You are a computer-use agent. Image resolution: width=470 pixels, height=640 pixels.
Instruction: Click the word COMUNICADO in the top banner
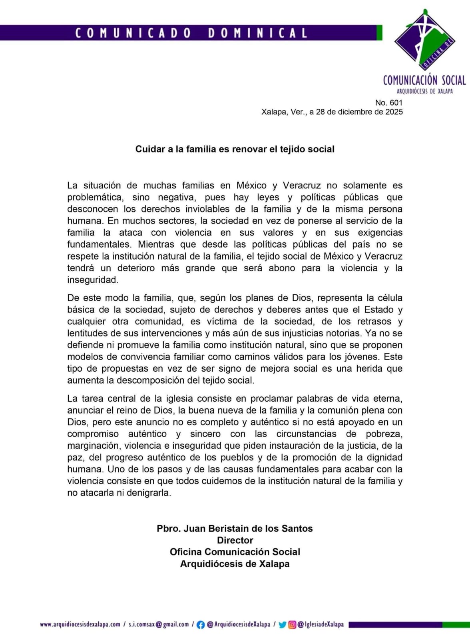tap(133, 33)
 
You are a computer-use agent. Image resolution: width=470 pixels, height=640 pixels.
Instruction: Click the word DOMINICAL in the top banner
tap(258, 33)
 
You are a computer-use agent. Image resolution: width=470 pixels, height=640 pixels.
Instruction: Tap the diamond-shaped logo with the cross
tap(424, 40)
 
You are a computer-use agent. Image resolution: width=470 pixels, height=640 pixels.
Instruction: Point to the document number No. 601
tap(388, 103)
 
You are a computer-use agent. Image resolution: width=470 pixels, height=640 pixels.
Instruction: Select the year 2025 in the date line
tap(394, 112)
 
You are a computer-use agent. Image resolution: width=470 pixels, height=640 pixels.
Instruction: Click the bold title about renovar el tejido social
tap(235, 149)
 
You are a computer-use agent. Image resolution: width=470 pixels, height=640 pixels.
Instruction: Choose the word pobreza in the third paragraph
tap(384, 434)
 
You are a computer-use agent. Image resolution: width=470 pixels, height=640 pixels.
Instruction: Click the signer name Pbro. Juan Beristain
tap(235, 528)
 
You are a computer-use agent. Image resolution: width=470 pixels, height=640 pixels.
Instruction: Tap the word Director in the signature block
tap(235, 540)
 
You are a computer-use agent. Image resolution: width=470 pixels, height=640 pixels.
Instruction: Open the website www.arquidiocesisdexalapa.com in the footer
tap(80, 624)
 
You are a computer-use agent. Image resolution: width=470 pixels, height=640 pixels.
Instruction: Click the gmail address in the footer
tap(159, 624)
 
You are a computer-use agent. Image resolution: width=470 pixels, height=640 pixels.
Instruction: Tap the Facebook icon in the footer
tap(201, 625)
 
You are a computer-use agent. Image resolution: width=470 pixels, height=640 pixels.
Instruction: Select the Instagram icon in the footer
tap(292, 625)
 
